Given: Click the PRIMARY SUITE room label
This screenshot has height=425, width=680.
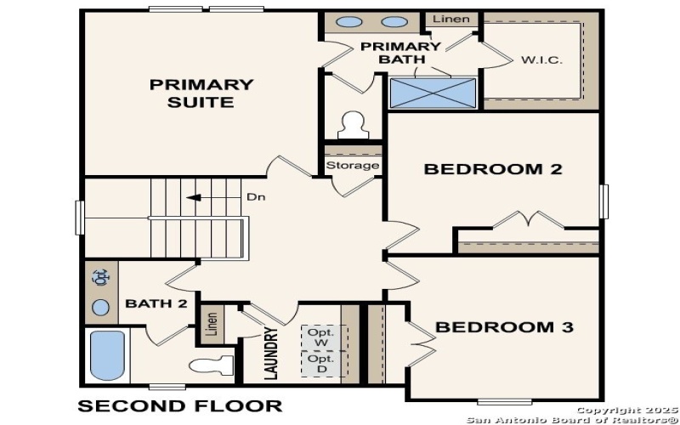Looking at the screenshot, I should coord(201,93).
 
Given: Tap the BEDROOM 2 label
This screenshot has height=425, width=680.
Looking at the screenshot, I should coord(493,169).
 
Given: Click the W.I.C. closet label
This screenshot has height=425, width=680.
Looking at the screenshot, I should coord(541,60).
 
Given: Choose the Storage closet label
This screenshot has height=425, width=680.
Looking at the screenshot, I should coord(352,165).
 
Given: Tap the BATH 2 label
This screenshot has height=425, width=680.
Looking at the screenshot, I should coord(156,303).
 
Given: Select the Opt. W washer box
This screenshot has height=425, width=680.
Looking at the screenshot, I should coord(320,337).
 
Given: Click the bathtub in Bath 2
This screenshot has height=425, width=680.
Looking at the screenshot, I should coord(107,355).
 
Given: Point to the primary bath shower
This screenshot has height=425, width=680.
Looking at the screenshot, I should coord(433,92).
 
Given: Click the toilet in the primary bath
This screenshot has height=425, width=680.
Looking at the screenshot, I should coord(350,126).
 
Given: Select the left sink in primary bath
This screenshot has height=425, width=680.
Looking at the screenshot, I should coord(348,23).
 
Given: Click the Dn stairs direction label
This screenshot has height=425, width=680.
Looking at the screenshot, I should coord(256,197).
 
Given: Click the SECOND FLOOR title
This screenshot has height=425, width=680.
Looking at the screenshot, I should coord(179,405).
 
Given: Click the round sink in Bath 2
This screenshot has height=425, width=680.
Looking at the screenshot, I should coord(101,308).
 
